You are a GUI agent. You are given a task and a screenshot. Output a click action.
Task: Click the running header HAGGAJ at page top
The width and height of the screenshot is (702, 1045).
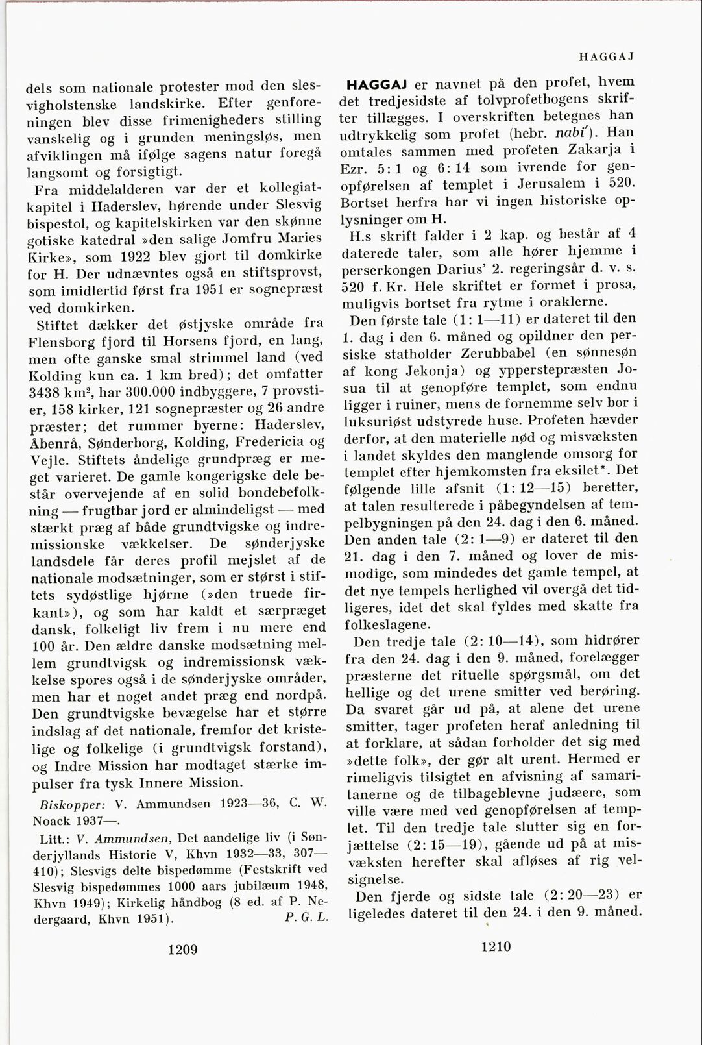point(607,56)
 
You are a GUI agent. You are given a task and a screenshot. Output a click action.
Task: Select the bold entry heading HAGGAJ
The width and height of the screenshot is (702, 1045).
point(378,84)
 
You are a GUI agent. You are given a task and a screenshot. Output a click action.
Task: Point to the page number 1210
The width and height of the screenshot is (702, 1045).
point(496,946)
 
